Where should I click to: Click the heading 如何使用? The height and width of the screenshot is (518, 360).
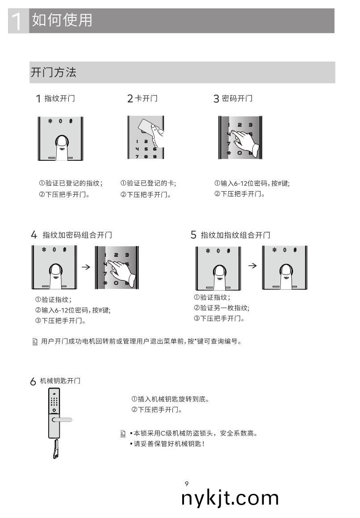62,20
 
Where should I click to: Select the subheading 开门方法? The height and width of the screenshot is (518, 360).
53,72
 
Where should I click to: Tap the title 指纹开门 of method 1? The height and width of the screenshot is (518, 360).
59,99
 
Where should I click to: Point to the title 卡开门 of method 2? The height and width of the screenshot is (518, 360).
146,99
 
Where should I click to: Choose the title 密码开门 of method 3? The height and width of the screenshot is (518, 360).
237,99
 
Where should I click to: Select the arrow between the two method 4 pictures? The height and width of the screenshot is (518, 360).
86,267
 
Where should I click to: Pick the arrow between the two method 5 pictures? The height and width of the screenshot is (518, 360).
252,266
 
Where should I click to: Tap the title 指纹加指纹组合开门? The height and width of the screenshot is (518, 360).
235,235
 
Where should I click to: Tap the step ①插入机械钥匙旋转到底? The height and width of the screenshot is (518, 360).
170,399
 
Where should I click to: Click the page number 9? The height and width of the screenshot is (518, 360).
186,484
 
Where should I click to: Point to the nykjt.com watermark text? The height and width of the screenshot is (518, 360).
230,498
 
